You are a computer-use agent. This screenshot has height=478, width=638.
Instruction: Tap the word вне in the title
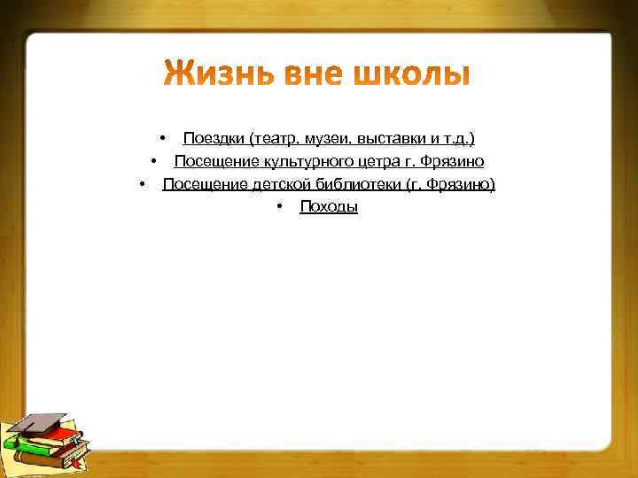(x=315, y=76)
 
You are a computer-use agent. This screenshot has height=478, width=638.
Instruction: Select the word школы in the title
(x=413, y=76)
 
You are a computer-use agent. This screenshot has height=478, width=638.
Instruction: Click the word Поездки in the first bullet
(x=214, y=138)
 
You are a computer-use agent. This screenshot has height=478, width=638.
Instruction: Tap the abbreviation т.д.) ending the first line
(x=458, y=138)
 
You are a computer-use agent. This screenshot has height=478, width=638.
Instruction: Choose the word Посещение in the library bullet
(x=197, y=184)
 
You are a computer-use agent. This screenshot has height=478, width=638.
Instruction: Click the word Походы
(x=329, y=207)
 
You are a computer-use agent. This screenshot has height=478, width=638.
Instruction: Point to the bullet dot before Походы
(x=278, y=207)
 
